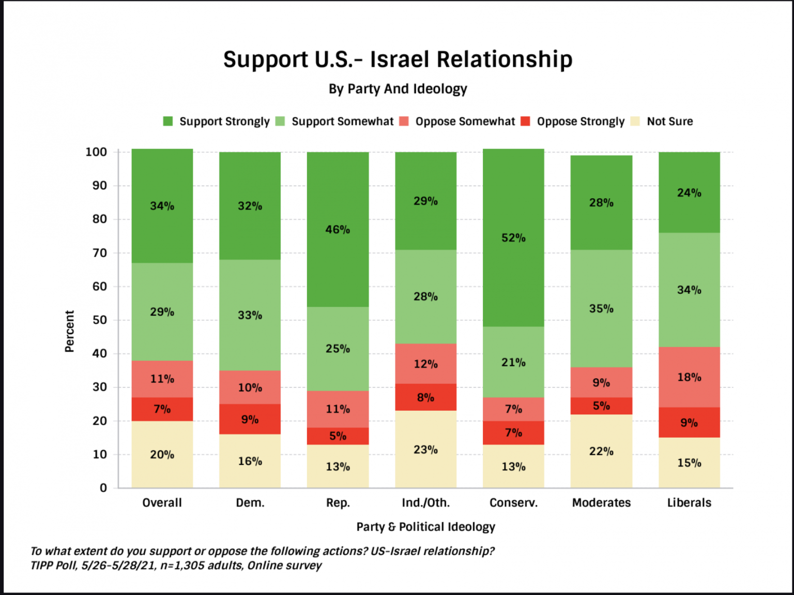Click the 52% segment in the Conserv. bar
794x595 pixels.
513,238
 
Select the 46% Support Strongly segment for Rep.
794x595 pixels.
338,229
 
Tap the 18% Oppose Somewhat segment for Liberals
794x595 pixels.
689,377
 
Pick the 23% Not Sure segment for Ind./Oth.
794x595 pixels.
425,449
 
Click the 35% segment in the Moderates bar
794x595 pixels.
601,308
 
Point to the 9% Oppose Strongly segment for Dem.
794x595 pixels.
250,419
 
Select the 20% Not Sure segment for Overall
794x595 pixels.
162,454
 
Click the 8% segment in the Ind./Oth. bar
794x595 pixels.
425,397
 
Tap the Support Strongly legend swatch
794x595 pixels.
168,122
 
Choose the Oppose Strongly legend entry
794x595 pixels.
581,122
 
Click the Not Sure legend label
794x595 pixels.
670,122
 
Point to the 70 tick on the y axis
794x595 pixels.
100,253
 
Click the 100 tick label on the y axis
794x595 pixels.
96,152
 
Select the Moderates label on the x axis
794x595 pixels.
601,503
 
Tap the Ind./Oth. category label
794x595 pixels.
425,503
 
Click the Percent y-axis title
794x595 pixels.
69,331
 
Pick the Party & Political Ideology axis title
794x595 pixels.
425,527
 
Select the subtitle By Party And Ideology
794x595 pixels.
398,89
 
